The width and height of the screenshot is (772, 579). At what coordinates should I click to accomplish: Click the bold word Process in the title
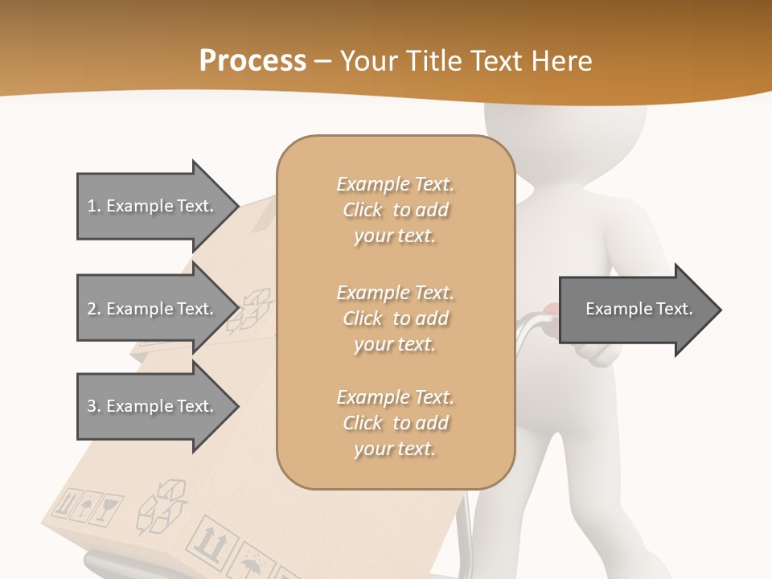(253, 60)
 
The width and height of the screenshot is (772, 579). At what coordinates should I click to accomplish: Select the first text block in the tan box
(395, 210)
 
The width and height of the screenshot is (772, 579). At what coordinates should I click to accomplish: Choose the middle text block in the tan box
(395, 318)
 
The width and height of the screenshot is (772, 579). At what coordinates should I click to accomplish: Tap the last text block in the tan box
(395, 423)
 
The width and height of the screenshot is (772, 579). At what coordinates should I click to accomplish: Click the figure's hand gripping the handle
(593, 351)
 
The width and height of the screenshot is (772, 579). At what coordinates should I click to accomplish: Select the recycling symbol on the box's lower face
(163, 507)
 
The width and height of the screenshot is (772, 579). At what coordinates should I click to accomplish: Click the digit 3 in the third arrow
(92, 406)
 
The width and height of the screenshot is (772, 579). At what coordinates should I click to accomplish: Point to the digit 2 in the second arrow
(92, 309)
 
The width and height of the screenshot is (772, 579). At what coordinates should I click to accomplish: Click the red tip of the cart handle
(549, 308)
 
